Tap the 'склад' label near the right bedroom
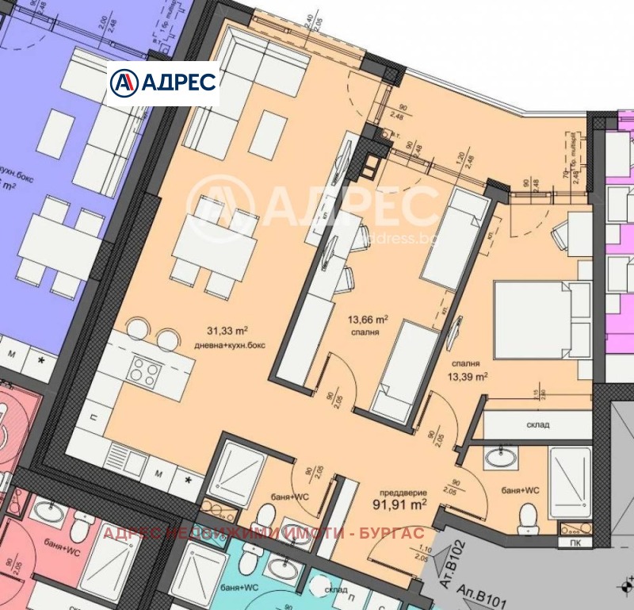pos(537,425)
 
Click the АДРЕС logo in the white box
pos(162,82)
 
